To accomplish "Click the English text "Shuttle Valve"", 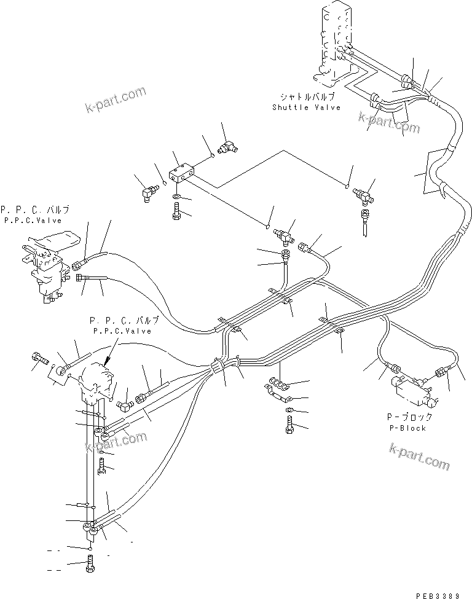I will click(306, 108).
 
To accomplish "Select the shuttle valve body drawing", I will click(335, 46).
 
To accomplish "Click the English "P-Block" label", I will click(408, 428).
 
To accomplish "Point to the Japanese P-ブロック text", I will click(408, 418).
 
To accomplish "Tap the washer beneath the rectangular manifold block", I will click(176, 198).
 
